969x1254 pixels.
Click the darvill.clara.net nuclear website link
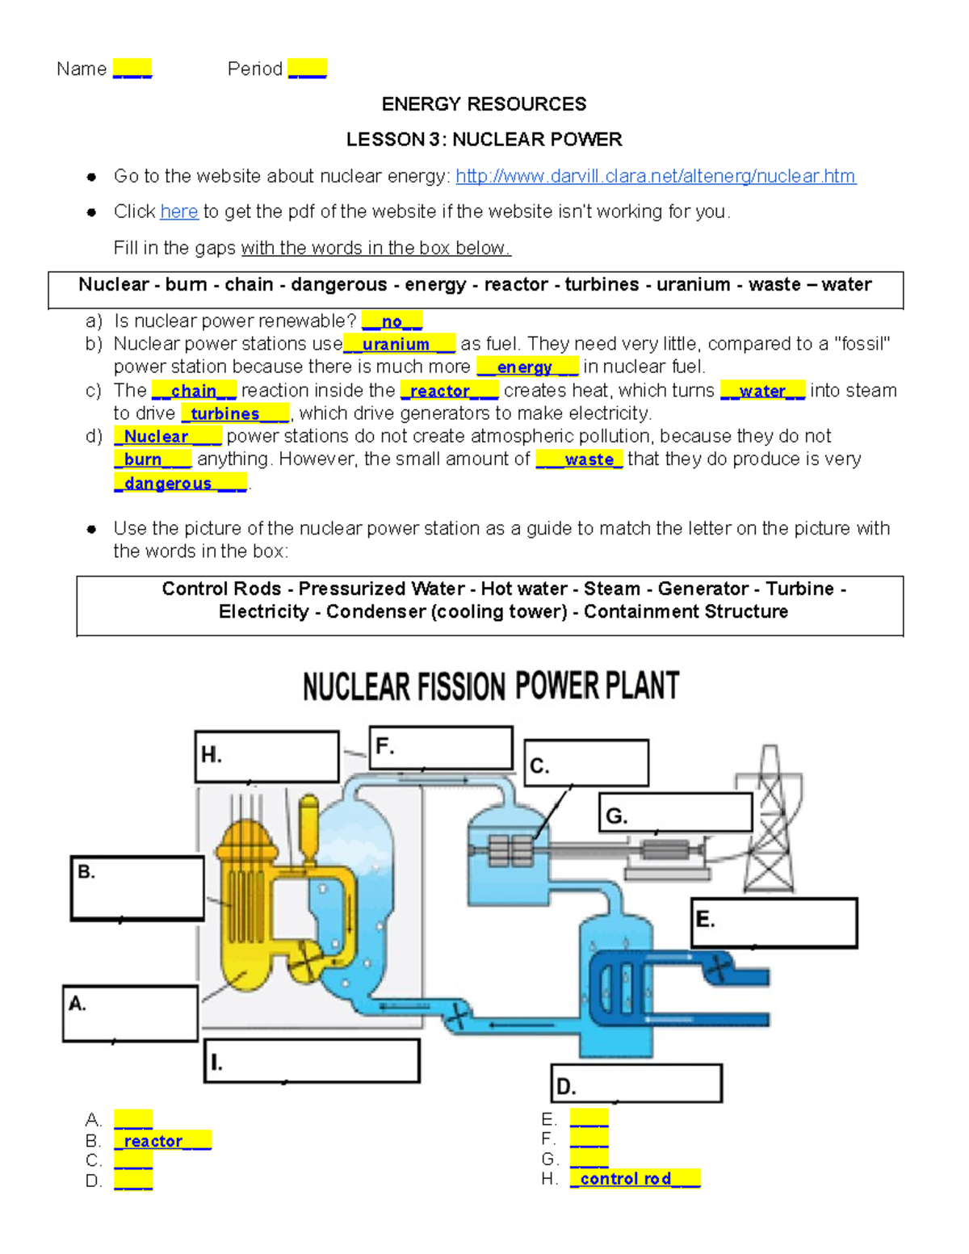coord(655,176)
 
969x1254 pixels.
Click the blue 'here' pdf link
coord(178,212)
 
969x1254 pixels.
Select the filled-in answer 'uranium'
coord(398,344)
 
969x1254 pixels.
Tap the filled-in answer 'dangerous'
coord(179,483)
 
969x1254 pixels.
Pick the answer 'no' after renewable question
coord(392,321)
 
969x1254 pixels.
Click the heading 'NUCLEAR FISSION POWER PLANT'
coord(490,686)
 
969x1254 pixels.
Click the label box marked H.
coord(266,757)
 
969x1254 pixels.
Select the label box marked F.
coord(441,748)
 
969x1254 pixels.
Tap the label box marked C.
coord(586,763)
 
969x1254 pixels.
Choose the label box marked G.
coord(675,813)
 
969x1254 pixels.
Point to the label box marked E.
coord(774,922)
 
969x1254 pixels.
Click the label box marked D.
coord(636,1084)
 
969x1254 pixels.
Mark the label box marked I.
coord(312,1061)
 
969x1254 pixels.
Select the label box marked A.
coord(130,1013)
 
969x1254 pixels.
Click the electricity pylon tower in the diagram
coord(770,820)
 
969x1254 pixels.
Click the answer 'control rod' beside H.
coord(634,1179)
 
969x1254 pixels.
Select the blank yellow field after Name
coord(132,69)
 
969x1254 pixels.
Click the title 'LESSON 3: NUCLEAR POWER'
coord(484,140)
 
